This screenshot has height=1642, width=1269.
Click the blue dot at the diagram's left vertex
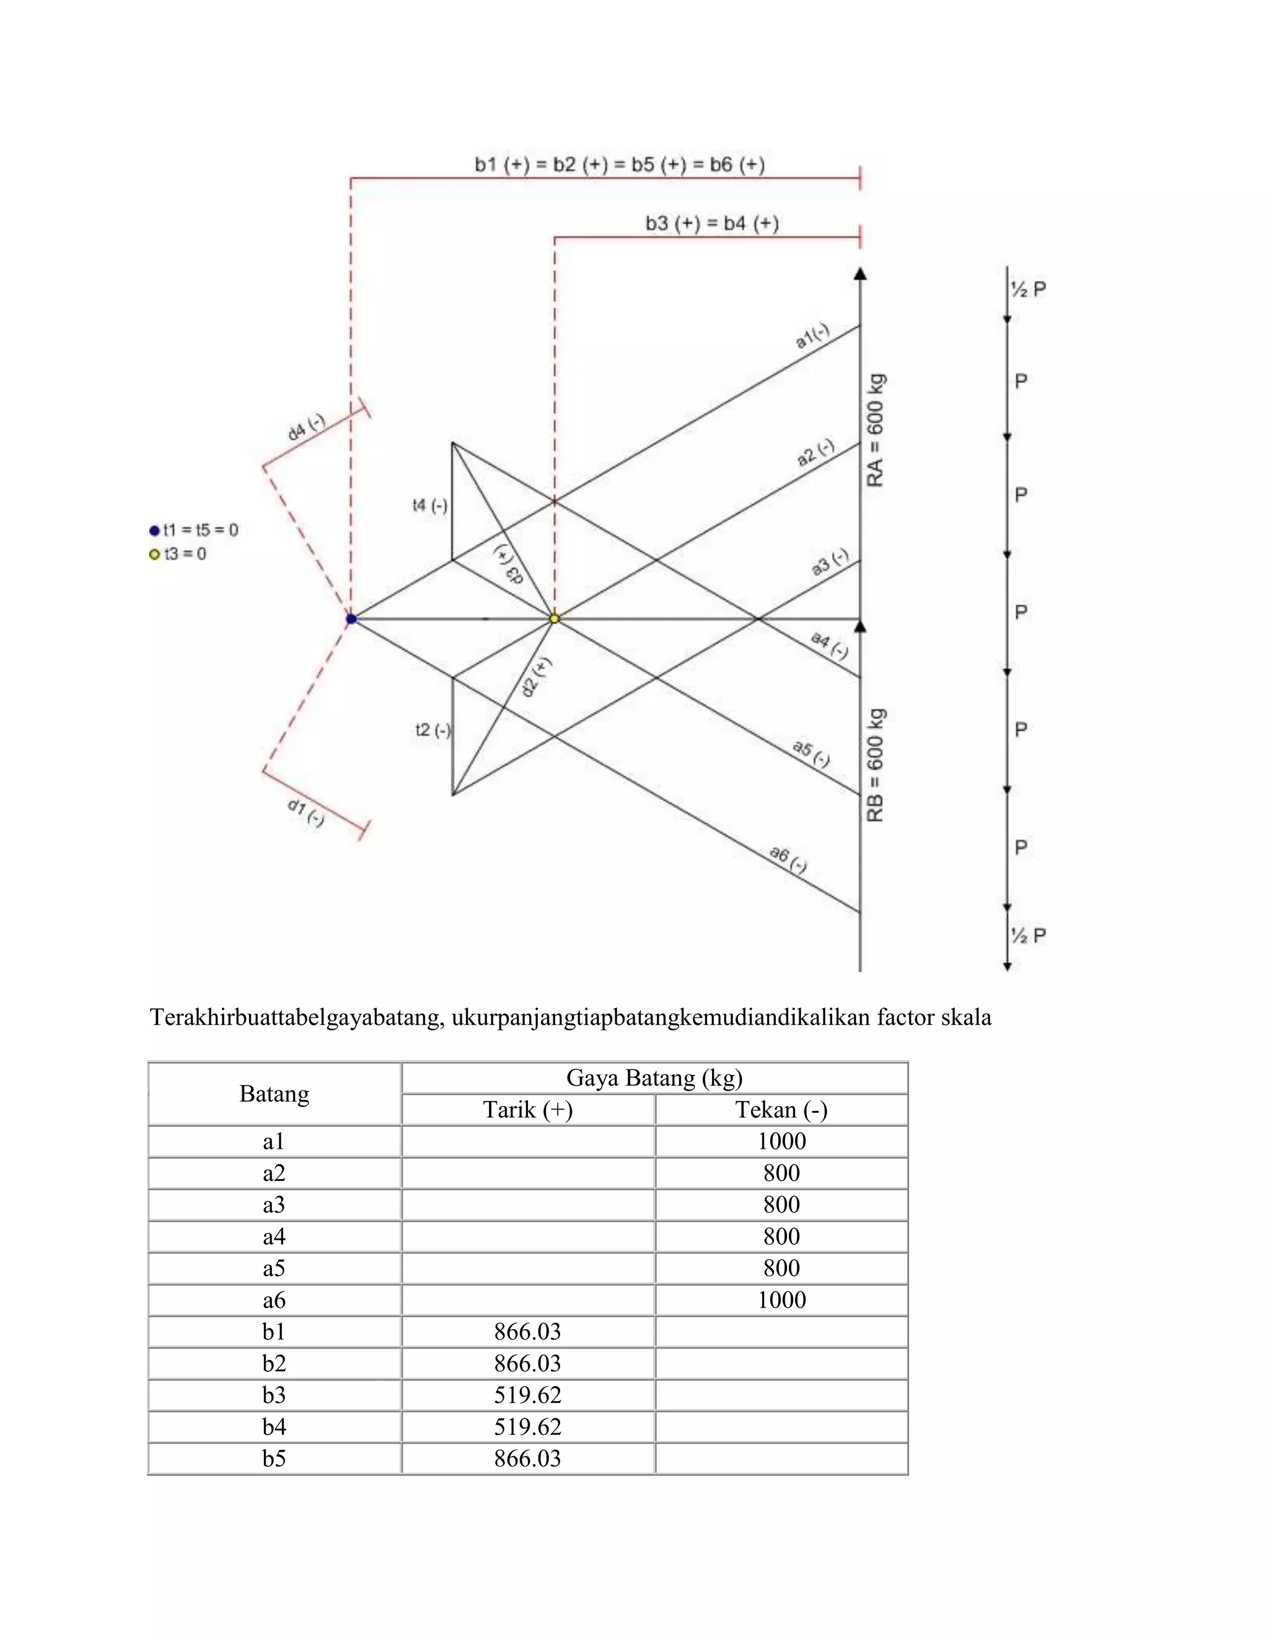point(351,619)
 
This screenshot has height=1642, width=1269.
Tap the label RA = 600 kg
point(876,430)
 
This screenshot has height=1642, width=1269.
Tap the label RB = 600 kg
point(876,765)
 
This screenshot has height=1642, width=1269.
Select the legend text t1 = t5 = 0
point(201,530)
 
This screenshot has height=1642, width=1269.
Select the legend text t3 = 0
point(185,554)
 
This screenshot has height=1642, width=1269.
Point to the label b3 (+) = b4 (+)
point(712,223)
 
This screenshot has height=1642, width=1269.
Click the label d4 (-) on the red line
point(306,427)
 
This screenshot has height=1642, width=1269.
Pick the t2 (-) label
point(433,730)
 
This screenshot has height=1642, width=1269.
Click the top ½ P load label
point(1028,289)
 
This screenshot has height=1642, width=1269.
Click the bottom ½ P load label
point(1028,935)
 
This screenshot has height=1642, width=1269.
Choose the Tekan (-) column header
point(781,1110)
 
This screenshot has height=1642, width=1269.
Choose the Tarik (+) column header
point(528,1110)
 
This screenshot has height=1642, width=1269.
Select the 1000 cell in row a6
point(781,1300)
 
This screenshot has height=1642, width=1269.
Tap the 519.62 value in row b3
point(528,1395)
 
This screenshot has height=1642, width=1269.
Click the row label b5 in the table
point(274,1459)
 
